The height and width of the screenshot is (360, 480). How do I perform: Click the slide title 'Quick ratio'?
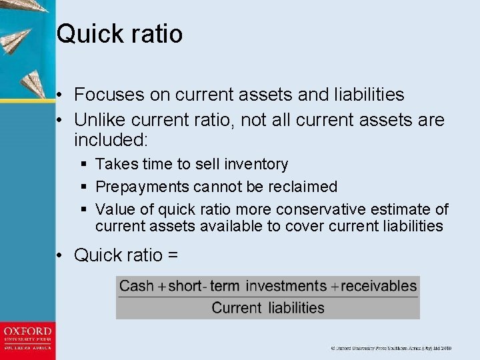(119, 33)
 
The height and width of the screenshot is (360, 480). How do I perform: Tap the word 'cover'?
(305, 226)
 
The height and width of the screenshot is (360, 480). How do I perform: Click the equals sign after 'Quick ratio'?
(172, 255)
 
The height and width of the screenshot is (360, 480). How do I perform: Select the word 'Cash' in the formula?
(136, 287)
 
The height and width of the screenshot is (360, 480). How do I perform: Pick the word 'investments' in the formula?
(286, 287)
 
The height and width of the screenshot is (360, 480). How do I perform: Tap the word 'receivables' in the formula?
(379, 287)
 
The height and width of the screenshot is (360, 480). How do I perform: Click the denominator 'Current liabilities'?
(268, 308)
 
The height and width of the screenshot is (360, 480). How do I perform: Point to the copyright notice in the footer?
(391, 348)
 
